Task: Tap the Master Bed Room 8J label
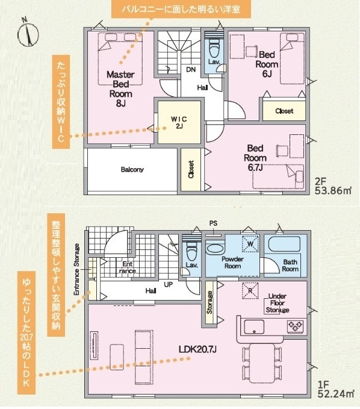coord(120,89)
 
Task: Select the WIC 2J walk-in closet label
coord(179,122)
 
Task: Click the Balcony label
coord(132,169)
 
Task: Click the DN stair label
coord(191,70)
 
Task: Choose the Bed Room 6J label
coord(267,64)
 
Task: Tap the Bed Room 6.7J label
coord(255,158)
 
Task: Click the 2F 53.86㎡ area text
coord(333,186)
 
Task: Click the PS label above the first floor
coord(213,223)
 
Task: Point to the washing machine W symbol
coord(250,244)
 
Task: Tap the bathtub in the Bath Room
coord(284,243)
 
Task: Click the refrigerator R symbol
coord(250,290)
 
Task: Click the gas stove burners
coord(295,326)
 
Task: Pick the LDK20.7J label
coord(197,349)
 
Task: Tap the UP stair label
coord(168,284)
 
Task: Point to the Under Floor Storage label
coord(278,303)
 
